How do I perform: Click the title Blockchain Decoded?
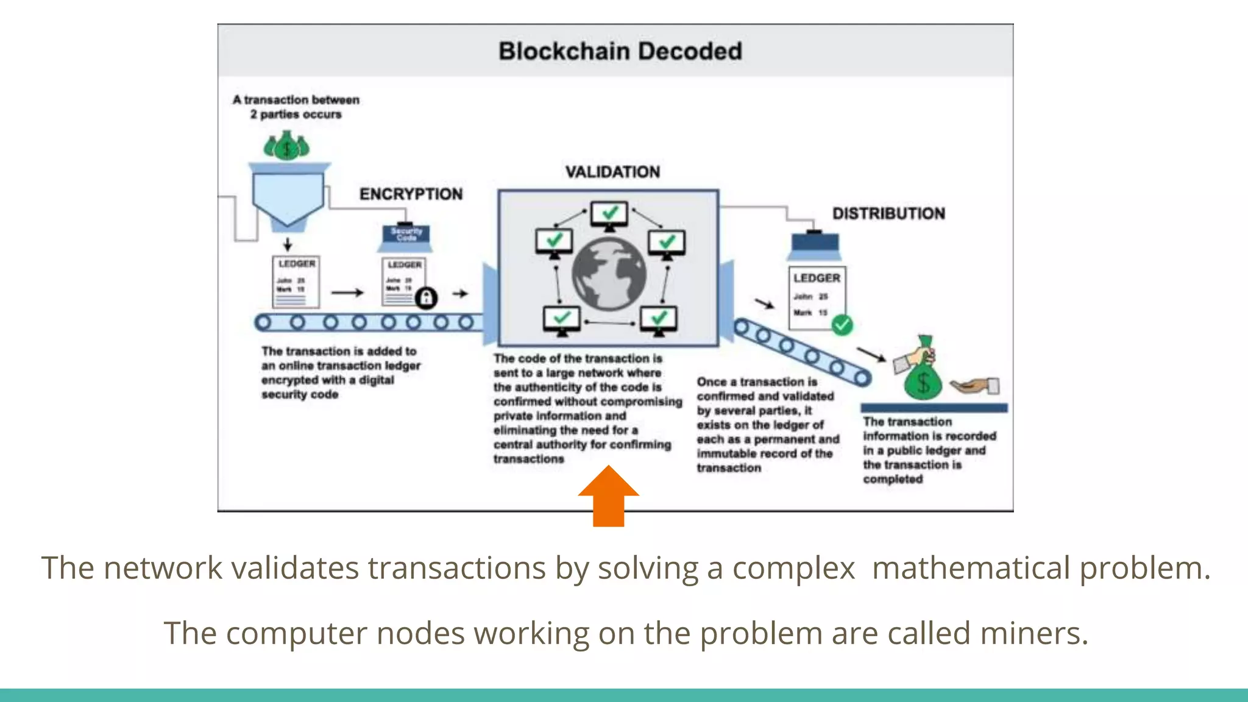coord(620,51)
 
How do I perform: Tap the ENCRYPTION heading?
coord(411,194)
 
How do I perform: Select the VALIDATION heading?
coord(612,172)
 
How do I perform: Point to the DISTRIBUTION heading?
coord(888,214)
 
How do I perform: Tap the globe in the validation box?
coord(609,274)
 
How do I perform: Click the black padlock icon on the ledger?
coord(426,298)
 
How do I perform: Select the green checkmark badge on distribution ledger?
coord(842,325)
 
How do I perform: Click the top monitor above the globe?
coord(609,214)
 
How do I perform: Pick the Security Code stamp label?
coord(406,234)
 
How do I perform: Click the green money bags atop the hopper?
coord(286,147)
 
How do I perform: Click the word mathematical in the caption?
coord(971,568)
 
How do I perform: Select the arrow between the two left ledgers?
coord(347,293)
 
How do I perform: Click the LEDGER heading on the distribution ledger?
coord(817,278)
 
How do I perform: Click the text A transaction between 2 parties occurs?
coord(296,107)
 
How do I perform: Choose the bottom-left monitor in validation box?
coord(561,320)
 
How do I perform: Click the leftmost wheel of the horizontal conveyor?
coord(263,322)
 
